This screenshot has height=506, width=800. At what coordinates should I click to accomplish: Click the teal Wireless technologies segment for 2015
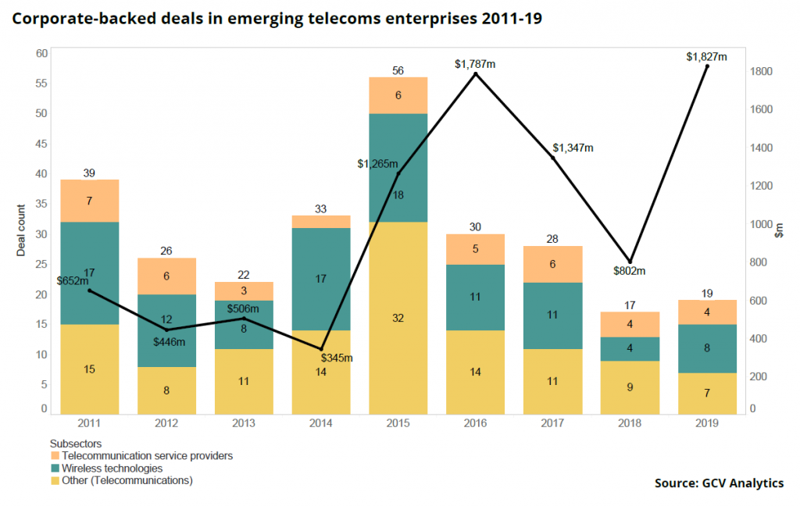[398, 168]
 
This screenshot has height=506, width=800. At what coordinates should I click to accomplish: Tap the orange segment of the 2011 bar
[90, 201]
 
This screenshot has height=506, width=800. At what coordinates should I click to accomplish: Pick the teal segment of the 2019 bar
[707, 348]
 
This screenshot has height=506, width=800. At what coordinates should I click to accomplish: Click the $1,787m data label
[475, 64]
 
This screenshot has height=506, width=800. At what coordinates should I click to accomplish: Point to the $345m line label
[337, 358]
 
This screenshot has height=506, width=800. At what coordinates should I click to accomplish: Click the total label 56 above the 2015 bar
[398, 70]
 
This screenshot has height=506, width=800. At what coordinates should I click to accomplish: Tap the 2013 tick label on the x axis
[244, 422]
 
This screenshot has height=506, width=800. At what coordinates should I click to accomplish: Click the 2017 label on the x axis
[552, 422]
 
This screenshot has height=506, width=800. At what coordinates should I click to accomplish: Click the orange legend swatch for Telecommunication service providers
[55, 455]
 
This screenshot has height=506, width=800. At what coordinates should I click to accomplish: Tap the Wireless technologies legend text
[112, 468]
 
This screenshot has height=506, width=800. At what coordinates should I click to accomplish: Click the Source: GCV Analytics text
[719, 483]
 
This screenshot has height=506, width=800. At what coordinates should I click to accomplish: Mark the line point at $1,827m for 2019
[707, 66]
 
